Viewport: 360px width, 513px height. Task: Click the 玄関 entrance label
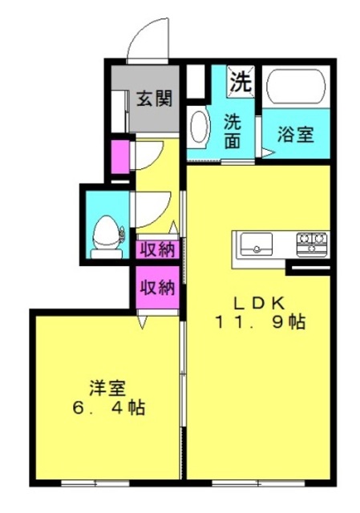click(x=154, y=99)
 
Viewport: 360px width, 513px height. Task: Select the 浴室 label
click(x=296, y=134)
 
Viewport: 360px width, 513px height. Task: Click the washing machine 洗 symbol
click(x=241, y=81)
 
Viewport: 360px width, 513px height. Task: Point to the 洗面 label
click(x=232, y=131)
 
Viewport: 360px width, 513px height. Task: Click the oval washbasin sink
click(x=198, y=127)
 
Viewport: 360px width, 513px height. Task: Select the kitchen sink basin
click(x=257, y=244)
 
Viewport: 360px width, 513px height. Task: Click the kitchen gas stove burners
click(x=312, y=244)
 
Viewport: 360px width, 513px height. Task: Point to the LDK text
click(x=258, y=304)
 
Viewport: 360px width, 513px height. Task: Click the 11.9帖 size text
click(x=261, y=322)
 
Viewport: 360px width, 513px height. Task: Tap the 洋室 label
click(x=107, y=389)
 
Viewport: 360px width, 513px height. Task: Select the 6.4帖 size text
click(x=109, y=408)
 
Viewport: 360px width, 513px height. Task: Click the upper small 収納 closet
click(x=157, y=249)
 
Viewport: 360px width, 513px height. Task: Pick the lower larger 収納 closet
click(x=157, y=287)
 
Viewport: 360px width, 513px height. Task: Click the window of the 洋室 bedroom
click(x=95, y=483)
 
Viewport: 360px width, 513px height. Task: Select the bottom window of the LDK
click(x=258, y=483)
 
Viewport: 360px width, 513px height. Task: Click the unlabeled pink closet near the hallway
click(x=120, y=157)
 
